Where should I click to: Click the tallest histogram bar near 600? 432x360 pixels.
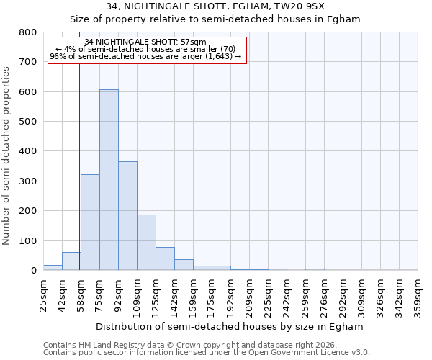point(109,180)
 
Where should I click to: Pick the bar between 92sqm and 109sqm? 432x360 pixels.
point(127,216)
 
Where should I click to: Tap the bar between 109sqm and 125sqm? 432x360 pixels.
point(146,243)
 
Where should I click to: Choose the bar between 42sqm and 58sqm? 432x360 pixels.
point(71,261)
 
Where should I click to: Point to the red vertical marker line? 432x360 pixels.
point(79,166)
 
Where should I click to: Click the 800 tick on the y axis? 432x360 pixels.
point(27,32)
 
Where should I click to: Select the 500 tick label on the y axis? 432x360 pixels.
point(27,122)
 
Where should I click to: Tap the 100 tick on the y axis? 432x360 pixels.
point(27,240)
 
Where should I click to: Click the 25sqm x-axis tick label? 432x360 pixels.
point(43,294)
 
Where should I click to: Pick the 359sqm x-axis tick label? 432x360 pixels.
point(418,294)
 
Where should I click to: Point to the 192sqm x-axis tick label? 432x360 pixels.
point(230,294)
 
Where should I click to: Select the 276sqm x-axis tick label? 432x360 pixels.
point(324,294)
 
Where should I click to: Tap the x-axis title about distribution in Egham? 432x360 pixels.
point(230,326)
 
